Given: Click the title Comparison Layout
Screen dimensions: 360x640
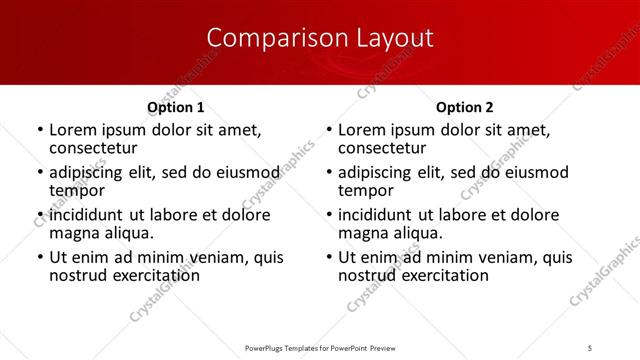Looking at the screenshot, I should [320, 38].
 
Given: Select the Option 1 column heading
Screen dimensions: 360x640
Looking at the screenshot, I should [175, 107].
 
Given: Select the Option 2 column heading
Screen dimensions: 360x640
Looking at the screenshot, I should [465, 107].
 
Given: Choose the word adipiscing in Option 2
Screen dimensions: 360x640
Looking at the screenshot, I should [377, 172].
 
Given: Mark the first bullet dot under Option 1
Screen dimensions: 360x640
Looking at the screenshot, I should [39, 131].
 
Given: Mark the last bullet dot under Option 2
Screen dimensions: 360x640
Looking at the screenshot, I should [329, 258].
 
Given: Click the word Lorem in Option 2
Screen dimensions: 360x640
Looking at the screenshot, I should [362, 130].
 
